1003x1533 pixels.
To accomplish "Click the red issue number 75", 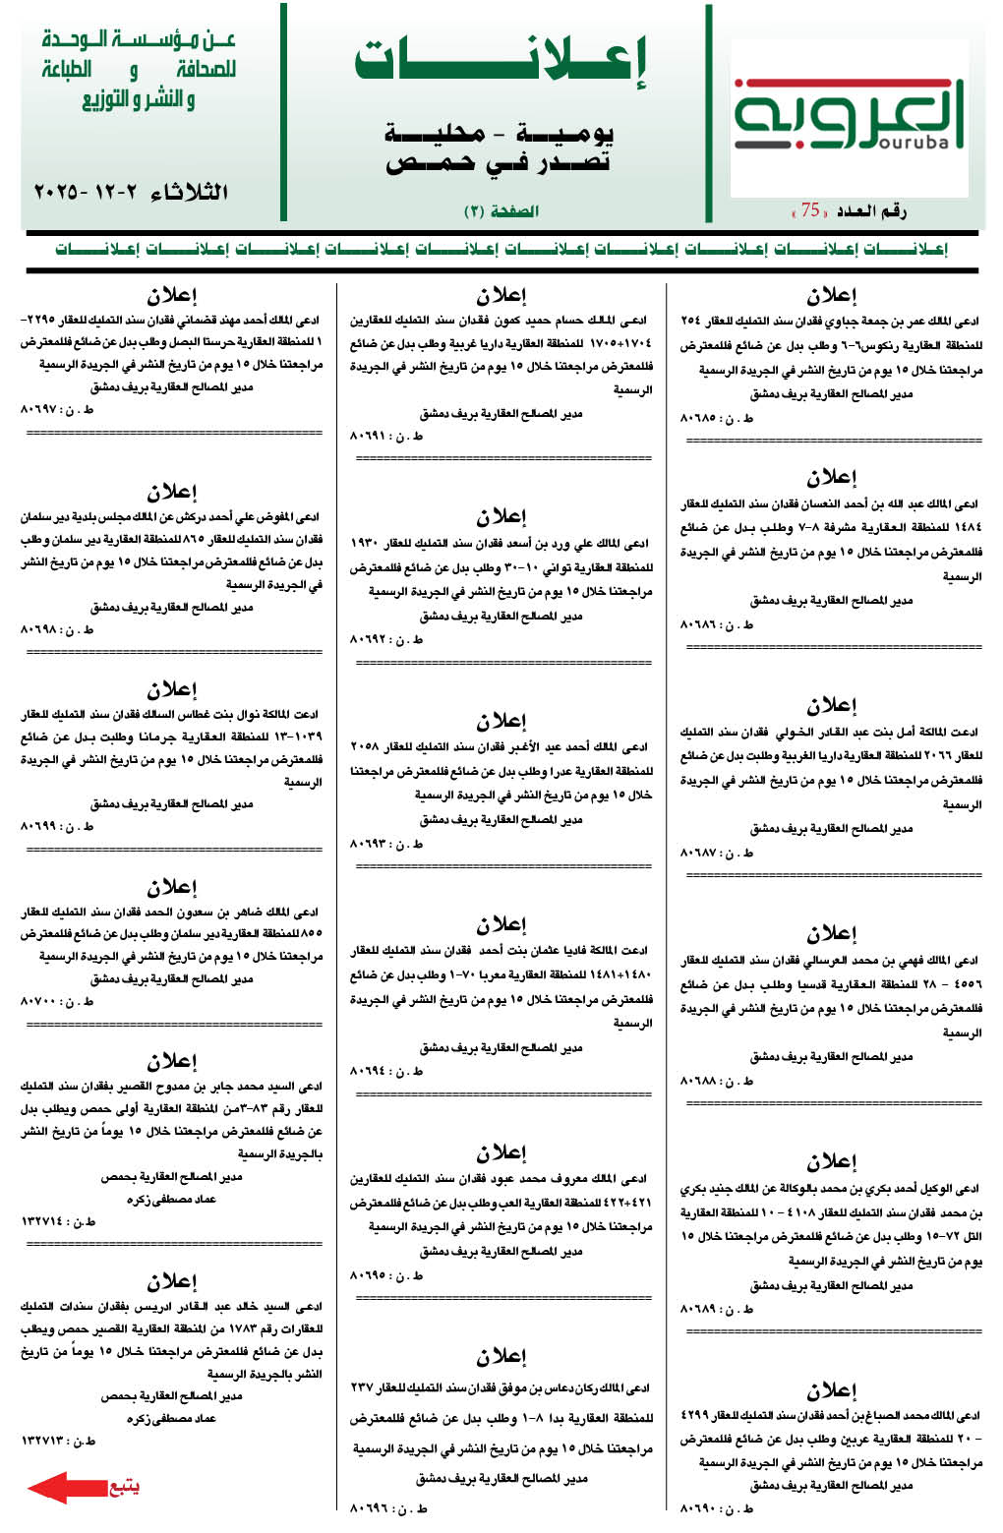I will click(x=810, y=209).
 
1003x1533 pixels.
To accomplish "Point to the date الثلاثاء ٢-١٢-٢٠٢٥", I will click(x=131, y=192).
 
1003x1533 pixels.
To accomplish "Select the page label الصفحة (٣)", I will click(x=501, y=210).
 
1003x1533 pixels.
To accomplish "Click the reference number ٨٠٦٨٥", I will click(x=699, y=418).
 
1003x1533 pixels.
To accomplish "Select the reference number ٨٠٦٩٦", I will click(x=370, y=1506).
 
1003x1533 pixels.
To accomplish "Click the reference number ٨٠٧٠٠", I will click(x=39, y=1001).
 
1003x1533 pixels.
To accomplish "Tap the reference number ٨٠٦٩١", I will click(x=370, y=436).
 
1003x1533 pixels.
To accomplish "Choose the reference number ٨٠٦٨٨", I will click(x=699, y=1081).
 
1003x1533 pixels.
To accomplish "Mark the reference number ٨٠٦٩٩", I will click(x=39, y=826).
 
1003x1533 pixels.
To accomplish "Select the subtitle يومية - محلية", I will click(x=500, y=133).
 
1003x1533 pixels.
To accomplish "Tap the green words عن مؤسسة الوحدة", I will click(x=139, y=41).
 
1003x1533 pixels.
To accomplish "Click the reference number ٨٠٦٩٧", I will click(x=39, y=409).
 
